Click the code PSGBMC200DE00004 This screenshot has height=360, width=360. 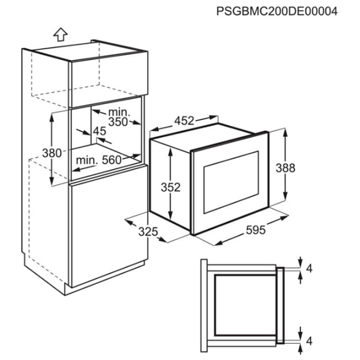pyautogui.click(x=277, y=11)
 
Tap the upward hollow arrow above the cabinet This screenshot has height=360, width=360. pyautogui.click(x=61, y=34)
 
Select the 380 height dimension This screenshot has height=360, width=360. pyautogui.click(x=52, y=153)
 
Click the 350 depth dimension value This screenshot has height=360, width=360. pyautogui.click(x=118, y=122)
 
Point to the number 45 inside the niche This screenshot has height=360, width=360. pyautogui.click(x=100, y=131)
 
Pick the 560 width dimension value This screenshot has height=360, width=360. pyautogui.click(x=112, y=160)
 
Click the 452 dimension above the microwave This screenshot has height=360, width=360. pyautogui.click(x=184, y=121)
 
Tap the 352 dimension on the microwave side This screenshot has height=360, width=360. pyautogui.click(x=170, y=187)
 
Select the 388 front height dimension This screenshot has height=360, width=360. pyautogui.click(x=286, y=168)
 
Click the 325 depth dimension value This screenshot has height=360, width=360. pyautogui.click(x=148, y=232)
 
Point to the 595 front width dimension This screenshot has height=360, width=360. pyautogui.click(x=256, y=230)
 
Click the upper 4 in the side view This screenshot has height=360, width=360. pyautogui.click(x=310, y=268)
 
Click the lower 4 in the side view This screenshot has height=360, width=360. pyautogui.click(x=310, y=341)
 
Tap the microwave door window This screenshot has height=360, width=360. pyautogui.click(x=231, y=182)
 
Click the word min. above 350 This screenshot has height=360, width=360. pyautogui.click(x=119, y=112)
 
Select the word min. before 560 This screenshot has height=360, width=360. pyautogui.click(x=87, y=160)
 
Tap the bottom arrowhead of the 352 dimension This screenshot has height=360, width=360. pyautogui.click(x=170, y=216)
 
